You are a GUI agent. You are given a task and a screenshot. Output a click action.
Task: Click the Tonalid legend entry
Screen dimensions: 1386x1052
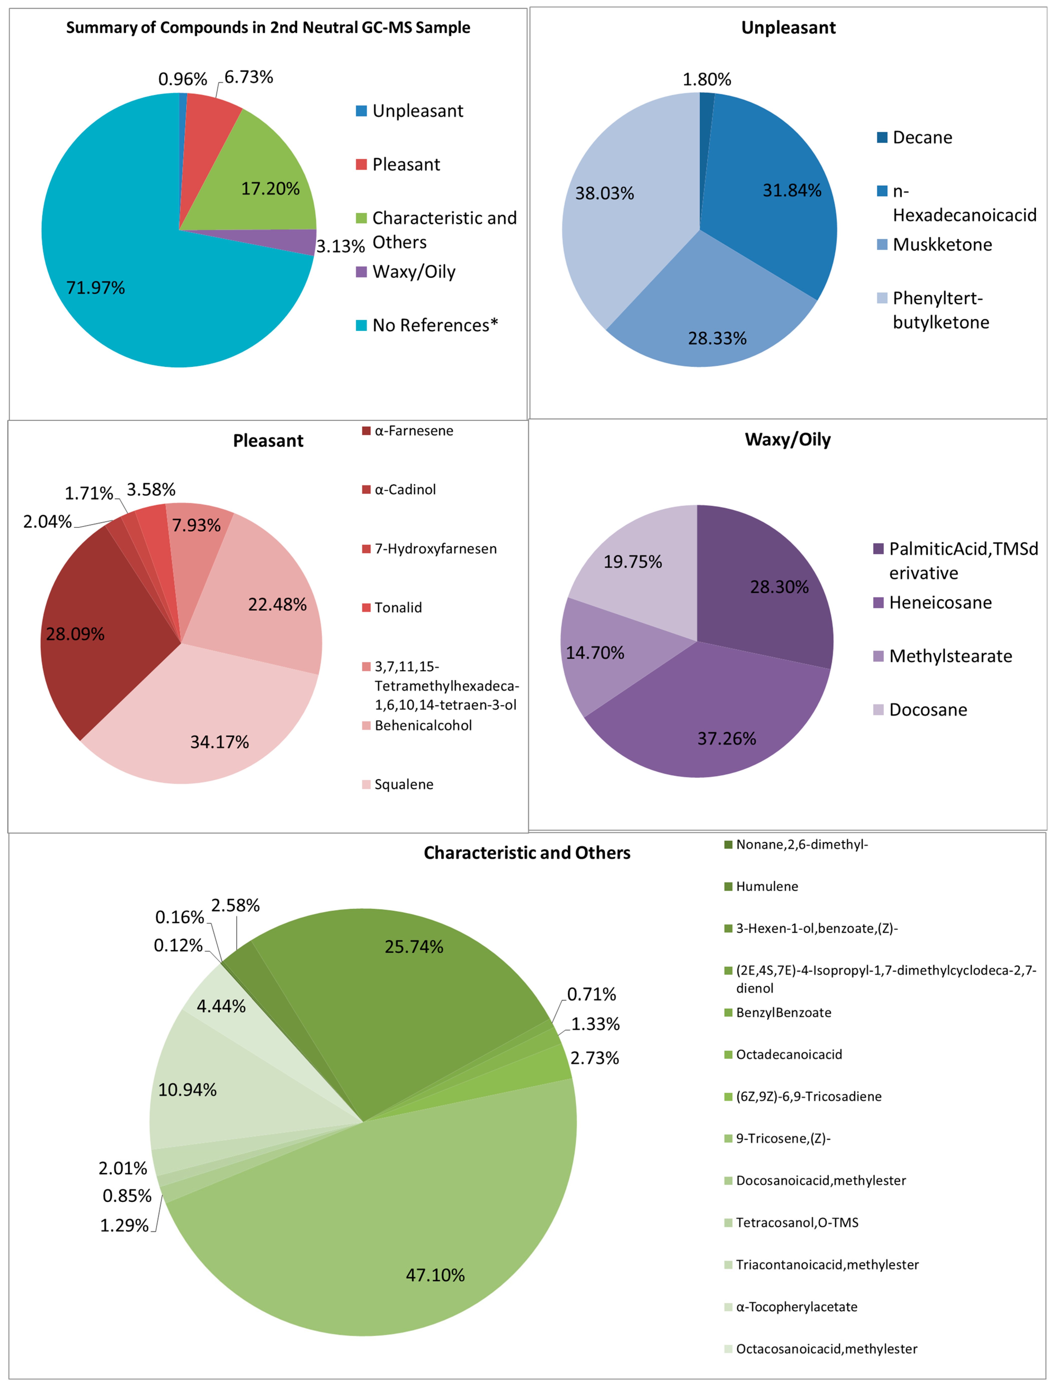coord(397,607)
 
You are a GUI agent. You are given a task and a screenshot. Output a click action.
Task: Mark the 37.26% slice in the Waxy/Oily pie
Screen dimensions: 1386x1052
coord(715,714)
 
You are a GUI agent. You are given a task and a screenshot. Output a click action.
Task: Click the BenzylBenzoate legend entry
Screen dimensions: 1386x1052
coord(783,1013)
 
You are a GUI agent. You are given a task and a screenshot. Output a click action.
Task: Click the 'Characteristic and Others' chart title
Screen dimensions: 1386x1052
coord(527,853)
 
